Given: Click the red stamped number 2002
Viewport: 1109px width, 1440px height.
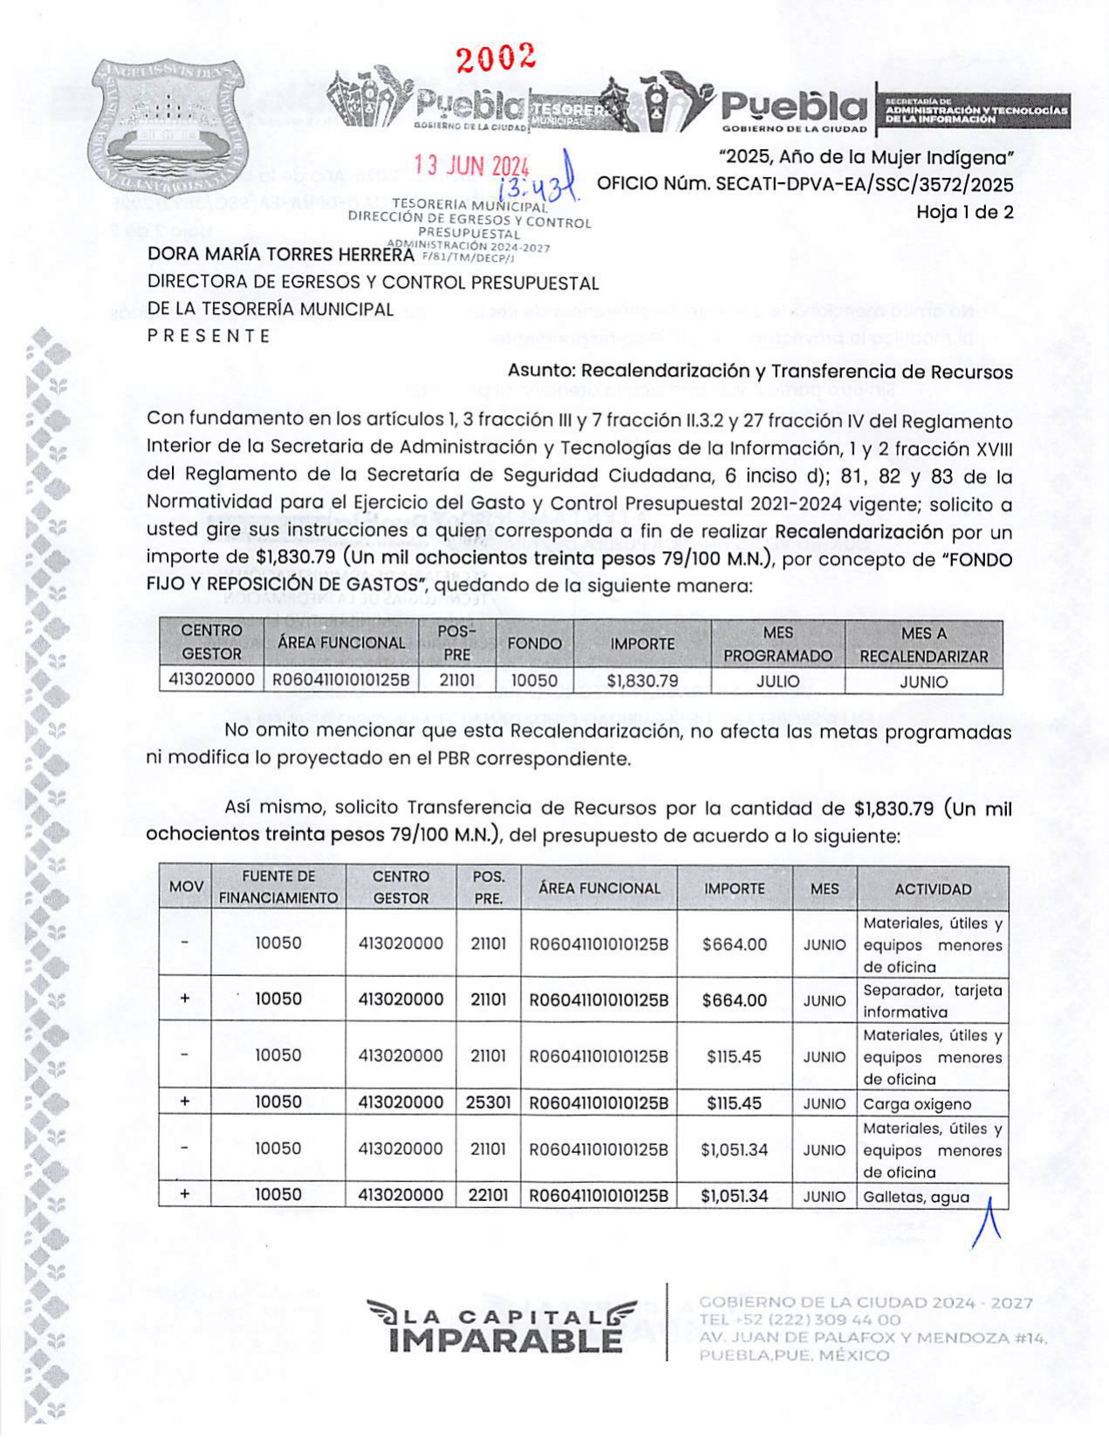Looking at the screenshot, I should (x=496, y=58).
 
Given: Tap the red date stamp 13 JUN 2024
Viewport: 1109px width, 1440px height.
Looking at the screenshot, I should (x=471, y=165).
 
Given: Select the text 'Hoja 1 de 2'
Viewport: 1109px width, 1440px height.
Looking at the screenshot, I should (x=964, y=212).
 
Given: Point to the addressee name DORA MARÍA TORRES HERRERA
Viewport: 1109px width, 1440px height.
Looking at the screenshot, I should (x=280, y=255).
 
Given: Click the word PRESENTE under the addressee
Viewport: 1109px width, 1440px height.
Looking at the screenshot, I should (x=209, y=336).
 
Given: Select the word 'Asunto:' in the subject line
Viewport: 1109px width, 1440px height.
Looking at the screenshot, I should (x=541, y=372).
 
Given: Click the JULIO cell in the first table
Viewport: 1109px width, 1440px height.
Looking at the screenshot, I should (x=777, y=681).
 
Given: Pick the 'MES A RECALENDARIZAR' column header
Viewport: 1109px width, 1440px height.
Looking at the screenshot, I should (x=923, y=645).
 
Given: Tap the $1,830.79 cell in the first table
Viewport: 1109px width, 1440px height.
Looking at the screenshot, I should (x=642, y=681).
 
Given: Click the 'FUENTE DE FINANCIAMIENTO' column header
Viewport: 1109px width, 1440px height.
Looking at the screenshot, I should (x=277, y=887).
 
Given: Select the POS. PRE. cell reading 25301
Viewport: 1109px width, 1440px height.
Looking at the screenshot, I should (x=488, y=1102).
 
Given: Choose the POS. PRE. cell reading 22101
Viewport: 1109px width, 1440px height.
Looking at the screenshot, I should (x=488, y=1195).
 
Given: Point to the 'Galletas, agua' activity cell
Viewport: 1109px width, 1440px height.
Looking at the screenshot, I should (x=916, y=1197).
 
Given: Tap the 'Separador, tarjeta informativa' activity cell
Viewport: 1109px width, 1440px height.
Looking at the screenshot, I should (x=932, y=1000).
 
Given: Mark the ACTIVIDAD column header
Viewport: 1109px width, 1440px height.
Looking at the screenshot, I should (x=932, y=889).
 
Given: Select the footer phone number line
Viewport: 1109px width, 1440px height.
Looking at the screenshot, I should (x=799, y=1320).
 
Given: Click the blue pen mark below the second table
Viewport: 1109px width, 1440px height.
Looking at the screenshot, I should (x=987, y=1223).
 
